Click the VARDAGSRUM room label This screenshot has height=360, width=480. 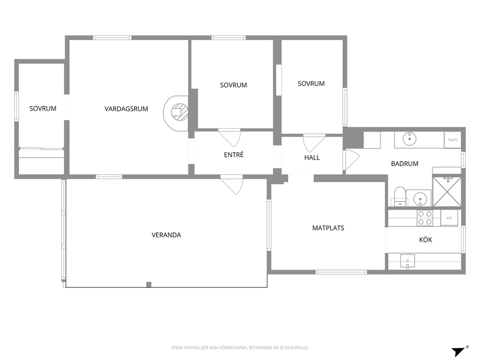coord(126,109)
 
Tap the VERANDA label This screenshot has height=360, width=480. coord(166,235)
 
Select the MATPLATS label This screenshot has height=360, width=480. coord(328,228)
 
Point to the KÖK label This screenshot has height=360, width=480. coord(425,240)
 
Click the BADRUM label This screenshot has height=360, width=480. coord(405,164)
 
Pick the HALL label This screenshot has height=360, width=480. coord(312,157)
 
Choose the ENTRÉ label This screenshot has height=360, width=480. coord(234,154)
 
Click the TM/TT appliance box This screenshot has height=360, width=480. coord(452,140)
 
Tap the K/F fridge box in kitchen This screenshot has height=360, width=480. coord(449,218)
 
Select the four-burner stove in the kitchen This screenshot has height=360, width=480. coord(425,218)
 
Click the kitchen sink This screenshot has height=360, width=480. coord(408,261)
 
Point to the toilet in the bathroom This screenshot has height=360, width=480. coord(400,196)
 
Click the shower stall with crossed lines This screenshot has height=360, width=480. coord(447,191)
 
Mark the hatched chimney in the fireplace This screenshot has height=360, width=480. coord(180,111)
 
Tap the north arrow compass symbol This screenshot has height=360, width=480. coord(460,351)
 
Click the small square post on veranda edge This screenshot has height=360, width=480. coord(149,285)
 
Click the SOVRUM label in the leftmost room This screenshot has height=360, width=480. coord(43,108)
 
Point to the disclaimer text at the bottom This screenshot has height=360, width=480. coord(240,347)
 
